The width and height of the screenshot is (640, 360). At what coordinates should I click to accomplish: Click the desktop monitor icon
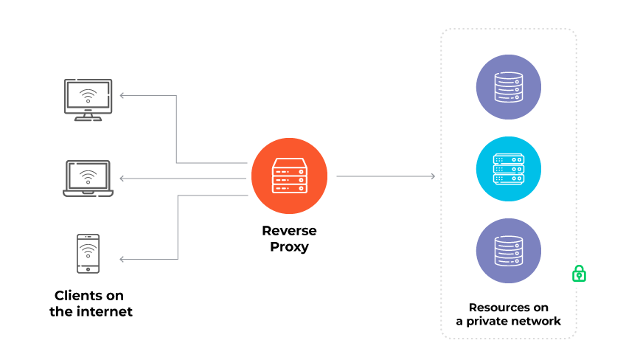(88, 98)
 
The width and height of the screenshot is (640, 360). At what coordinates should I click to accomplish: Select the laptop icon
(88, 179)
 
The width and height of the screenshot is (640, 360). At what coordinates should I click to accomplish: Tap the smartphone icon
(88, 253)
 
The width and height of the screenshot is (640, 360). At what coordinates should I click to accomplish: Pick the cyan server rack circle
(508, 169)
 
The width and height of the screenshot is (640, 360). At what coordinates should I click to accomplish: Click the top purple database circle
(508, 87)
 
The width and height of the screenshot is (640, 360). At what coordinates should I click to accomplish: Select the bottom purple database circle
(508, 251)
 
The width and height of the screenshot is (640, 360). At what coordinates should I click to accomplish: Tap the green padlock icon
(580, 273)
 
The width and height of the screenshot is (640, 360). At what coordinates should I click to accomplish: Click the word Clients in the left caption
(79, 295)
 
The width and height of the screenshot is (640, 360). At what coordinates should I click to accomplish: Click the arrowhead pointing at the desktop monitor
(122, 95)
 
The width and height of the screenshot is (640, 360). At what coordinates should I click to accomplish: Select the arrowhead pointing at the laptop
(122, 179)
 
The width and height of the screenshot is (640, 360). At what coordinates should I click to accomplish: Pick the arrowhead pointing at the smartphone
(122, 259)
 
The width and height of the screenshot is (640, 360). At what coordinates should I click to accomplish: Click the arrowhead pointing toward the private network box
(433, 176)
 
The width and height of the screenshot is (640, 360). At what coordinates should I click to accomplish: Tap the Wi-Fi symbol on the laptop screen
(88, 177)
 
